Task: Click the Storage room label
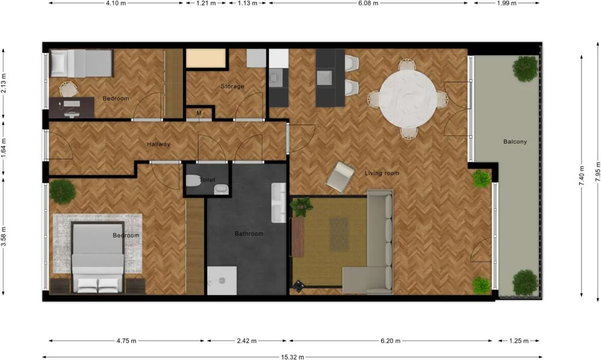coord(232,86)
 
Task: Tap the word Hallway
coord(158,144)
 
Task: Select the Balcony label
coord(514,142)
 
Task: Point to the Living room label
coord(382,173)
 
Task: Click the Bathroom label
coord(249,234)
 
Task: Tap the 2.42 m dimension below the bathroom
coord(246,341)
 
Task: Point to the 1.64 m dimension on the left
coord(4,144)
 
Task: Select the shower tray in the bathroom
coord(222,281)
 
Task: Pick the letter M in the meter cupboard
coord(198,113)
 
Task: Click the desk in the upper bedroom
coord(71,107)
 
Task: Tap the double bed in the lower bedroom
coord(97,256)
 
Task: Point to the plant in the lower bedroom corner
coord(62,191)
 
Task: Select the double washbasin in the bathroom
coord(278,203)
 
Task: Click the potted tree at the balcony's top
coord(525,68)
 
